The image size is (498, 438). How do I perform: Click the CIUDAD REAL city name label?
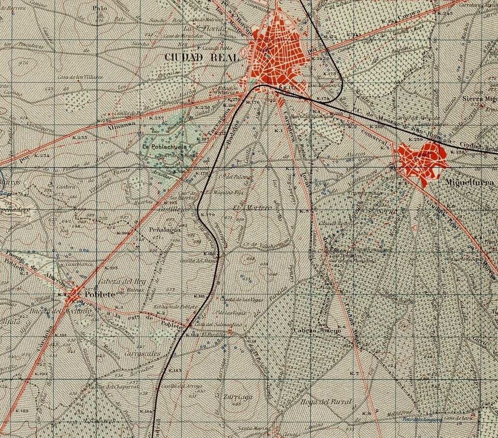[x=201, y=57]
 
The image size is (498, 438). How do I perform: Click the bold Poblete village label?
[x=101, y=294]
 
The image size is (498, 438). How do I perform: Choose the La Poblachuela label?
[x=160, y=145]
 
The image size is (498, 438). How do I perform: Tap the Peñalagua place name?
[x=165, y=230]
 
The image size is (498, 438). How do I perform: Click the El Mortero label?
[x=246, y=208]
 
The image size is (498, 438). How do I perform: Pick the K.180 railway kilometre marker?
[x=211, y=254]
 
